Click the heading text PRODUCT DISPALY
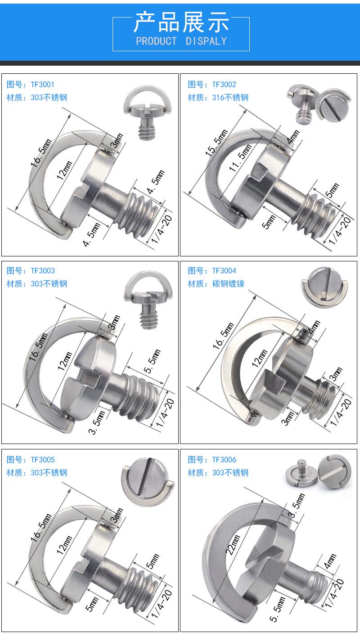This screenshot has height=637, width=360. pyautogui.click(x=181, y=41)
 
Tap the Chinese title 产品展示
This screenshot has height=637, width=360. pyautogui.click(x=181, y=22)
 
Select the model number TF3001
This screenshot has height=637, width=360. pyautogui.click(x=42, y=85)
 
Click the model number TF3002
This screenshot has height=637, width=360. pyautogui.click(x=224, y=85)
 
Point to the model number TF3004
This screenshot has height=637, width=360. pyautogui.click(x=224, y=271)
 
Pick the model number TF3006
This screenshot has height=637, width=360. pyautogui.click(x=224, y=460)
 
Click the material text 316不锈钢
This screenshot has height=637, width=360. pyautogui.click(x=230, y=98)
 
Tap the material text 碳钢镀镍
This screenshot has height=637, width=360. pyautogui.click(x=228, y=284)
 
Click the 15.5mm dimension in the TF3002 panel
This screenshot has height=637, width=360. pyautogui.click(x=217, y=143)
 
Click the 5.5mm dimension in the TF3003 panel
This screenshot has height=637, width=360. pyautogui.click(x=152, y=361)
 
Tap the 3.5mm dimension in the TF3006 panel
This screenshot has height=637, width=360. pyautogui.click(x=297, y=506)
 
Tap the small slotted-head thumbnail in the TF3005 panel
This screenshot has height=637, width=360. pyautogui.click(x=147, y=482)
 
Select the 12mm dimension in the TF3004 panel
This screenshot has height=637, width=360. pyautogui.click(x=260, y=358)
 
